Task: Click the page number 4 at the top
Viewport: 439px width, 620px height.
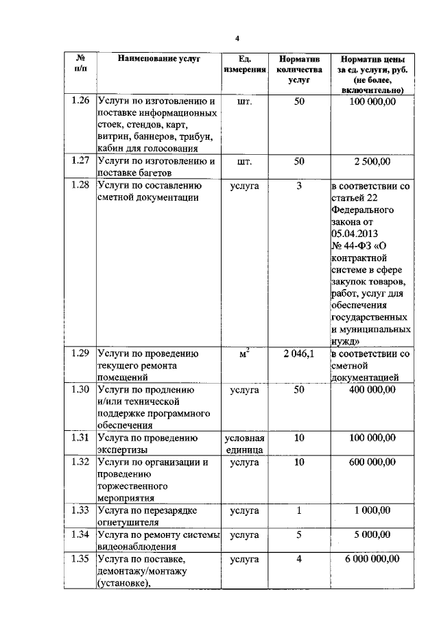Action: (237, 37)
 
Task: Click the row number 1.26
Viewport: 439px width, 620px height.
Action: (81, 102)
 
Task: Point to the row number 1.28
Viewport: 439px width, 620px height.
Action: (81, 186)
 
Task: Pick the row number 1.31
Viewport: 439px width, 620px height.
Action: (81, 438)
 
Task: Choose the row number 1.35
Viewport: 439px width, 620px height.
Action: (81, 559)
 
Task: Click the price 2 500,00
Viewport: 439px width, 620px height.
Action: (372, 162)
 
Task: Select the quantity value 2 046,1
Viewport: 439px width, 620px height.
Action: (298, 354)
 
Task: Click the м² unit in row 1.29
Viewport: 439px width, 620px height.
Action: (244, 354)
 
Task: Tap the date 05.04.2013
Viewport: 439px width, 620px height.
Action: (356, 234)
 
